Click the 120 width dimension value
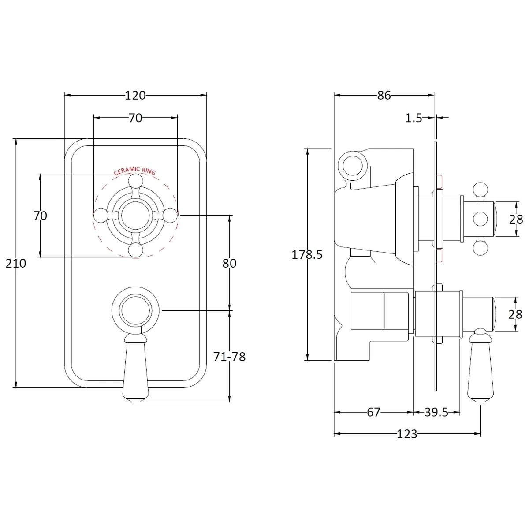click(135, 95)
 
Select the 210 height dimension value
click(16, 263)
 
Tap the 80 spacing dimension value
click(229, 263)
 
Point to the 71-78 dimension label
click(229, 357)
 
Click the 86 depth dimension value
click(384, 95)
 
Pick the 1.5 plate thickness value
click(414, 118)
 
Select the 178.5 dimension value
click(307, 254)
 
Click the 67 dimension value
click(373, 412)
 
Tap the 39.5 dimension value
click(436, 412)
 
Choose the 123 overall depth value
click(407, 434)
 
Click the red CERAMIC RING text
click(135, 171)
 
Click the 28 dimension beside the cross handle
click(516, 219)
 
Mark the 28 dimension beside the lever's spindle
click(516, 314)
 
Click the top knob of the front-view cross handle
click(136, 180)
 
